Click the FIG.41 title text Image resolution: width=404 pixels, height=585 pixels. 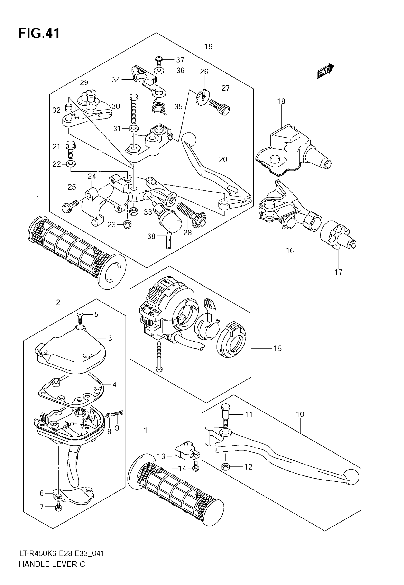(x=39, y=34)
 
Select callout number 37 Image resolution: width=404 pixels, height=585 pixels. (x=180, y=60)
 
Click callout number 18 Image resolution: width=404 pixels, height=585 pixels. (x=281, y=101)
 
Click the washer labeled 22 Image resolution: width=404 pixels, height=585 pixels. (x=71, y=164)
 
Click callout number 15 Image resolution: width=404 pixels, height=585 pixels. (x=278, y=348)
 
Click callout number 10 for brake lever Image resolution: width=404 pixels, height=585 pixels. (x=300, y=414)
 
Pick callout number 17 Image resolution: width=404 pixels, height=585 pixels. (x=338, y=272)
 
